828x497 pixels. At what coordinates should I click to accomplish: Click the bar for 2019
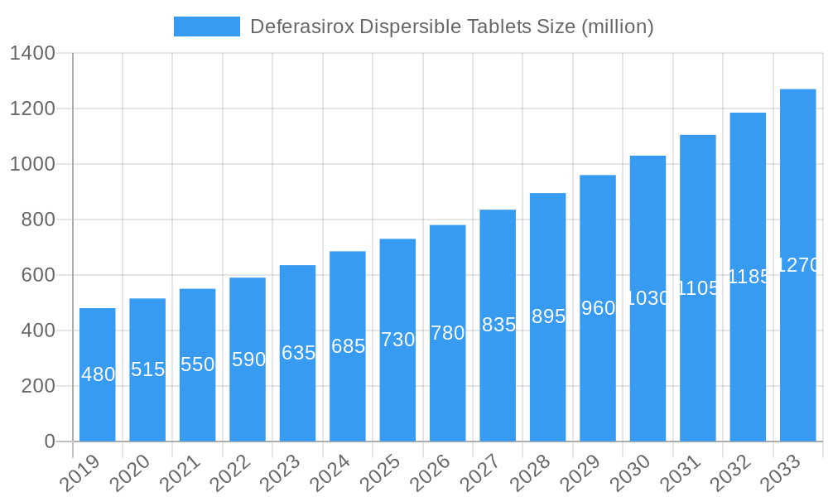(98, 374)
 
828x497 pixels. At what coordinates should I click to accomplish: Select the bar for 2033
(797, 265)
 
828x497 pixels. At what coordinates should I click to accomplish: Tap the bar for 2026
(447, 333)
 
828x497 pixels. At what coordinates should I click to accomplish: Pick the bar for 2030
(647, 298)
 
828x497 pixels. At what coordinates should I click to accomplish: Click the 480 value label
(98, 374)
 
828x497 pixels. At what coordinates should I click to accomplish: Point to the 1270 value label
(797, 265)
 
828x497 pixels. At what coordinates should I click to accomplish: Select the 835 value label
(498, 325)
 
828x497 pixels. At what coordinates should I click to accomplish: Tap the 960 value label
(598, 308)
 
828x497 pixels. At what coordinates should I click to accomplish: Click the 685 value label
(348, 346)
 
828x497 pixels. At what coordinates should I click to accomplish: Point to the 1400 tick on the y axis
(32, 54)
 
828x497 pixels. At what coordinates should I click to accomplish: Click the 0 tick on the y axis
(50, 442)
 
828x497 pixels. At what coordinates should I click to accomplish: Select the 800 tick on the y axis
(38, 220)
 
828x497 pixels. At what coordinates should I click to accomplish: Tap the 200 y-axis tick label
(38, 386)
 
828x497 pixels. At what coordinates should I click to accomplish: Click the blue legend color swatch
(206, 27)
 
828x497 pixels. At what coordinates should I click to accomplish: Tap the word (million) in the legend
(617, 27)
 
